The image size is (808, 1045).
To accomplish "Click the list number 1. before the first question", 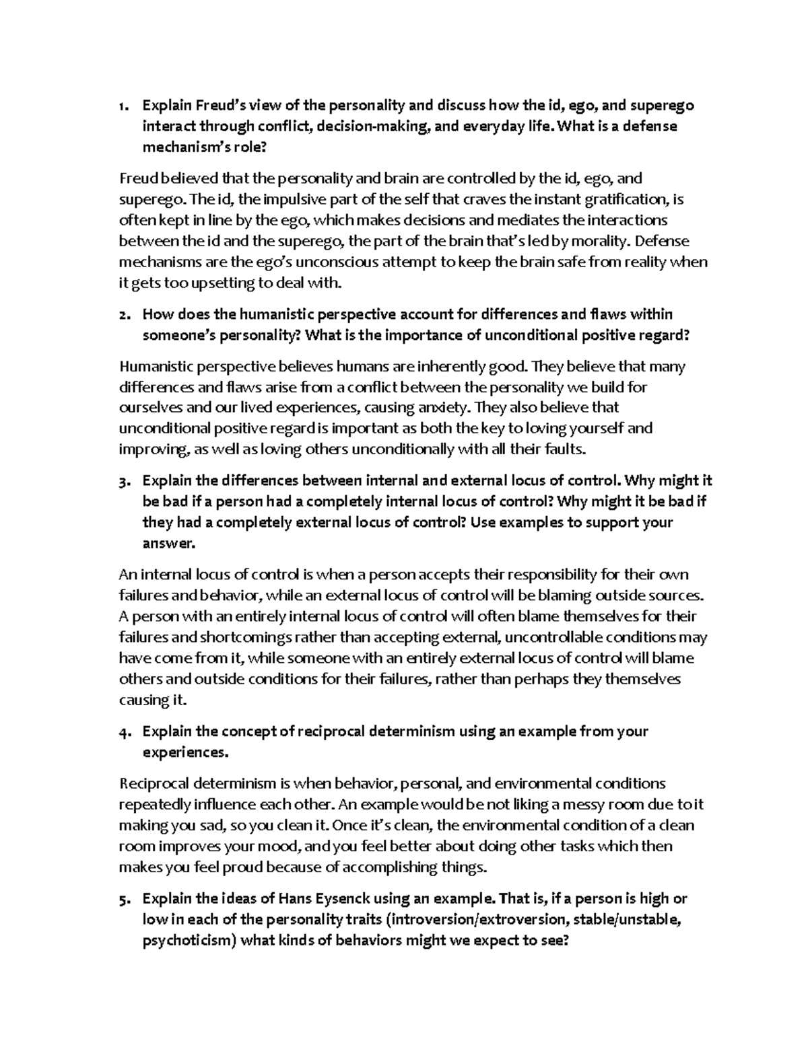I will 122,106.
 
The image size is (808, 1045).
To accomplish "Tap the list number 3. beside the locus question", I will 122,481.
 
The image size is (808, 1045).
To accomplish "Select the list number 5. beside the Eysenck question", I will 122,899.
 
